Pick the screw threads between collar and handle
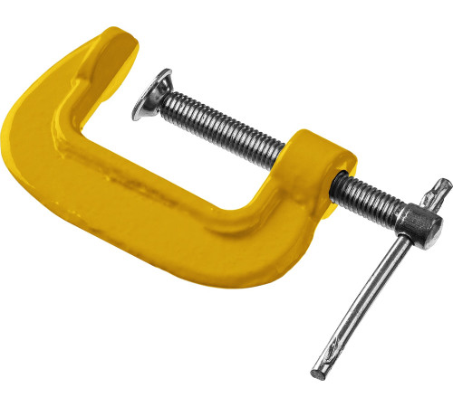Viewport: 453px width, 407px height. [x=367, y=195]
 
